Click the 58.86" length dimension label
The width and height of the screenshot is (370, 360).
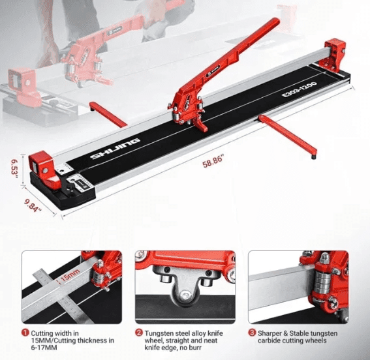(213, 161)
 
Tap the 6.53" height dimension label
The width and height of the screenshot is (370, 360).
(14, 170)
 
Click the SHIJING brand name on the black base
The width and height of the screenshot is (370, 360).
(116, 149)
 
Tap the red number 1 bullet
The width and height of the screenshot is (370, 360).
(25, 333)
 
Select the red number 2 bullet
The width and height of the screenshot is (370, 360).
(139, 333)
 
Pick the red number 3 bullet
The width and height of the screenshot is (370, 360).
(252, 333)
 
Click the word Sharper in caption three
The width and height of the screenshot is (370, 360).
(270, 334)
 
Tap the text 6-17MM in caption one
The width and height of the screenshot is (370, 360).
(44, 348)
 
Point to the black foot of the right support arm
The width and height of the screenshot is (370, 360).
(313, 157)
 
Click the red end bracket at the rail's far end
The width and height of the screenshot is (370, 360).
(334, 55)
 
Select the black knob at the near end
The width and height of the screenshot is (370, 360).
(70, 188)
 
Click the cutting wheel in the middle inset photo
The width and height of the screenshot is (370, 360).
(185, 294)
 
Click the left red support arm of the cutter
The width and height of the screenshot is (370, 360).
(108, 114)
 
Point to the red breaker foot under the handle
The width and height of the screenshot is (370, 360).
(201, 125)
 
